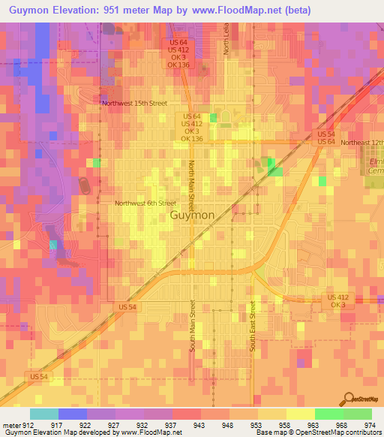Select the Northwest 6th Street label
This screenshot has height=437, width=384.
pos(145,203)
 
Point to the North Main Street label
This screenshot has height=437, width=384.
pos(191,184)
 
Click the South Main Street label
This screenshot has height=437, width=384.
pos(192,327)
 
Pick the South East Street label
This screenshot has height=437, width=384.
pos(253,327)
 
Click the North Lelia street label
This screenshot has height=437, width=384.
pos(225,38)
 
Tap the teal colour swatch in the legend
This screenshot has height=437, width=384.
pos(43,414)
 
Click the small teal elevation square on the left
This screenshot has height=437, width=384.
pos(52,245)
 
